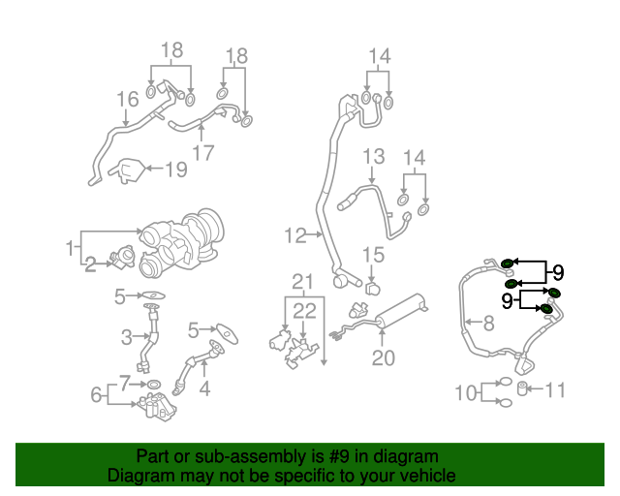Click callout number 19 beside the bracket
175,170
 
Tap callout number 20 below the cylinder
384,358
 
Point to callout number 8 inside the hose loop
488,323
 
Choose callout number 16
128,100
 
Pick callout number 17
202,152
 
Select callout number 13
374,157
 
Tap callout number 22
304,311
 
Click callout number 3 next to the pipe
126,337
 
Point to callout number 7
124,383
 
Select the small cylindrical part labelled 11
524,389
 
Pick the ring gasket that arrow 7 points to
154,385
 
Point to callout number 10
466,392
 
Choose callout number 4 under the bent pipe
203,389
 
